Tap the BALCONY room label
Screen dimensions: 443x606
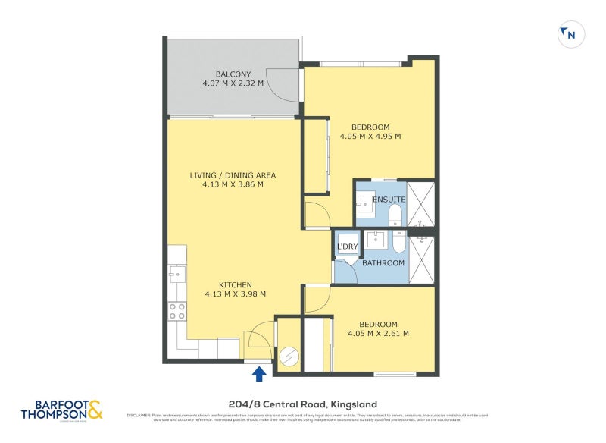(233, 74)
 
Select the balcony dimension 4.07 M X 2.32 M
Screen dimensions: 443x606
(233, 83)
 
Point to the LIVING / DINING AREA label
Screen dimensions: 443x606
(233, 174)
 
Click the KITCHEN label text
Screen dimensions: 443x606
(235, 284)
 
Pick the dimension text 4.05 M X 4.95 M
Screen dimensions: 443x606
(370, 137)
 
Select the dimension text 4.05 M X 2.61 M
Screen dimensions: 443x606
(378, 333)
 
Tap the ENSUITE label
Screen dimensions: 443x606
(389, 200)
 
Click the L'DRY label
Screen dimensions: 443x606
(347, 247)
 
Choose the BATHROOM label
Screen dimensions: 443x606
(383, 263)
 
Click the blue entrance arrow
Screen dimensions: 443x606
(259, 372)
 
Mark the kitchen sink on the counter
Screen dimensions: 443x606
(176, 272)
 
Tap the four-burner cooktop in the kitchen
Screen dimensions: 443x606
(176, 310)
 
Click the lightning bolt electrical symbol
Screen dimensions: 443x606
(290, 356)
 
